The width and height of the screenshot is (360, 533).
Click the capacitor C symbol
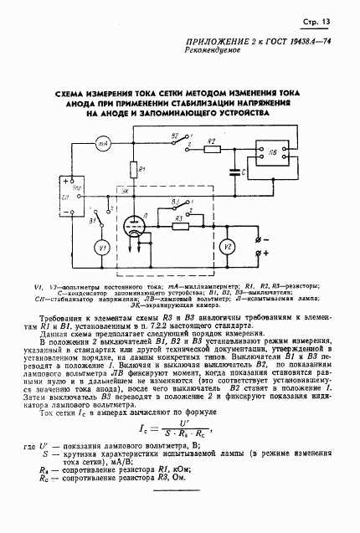pyautogui.click(x=234, y=173)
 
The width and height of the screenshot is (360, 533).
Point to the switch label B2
pyautogui.click(x=174, y=134)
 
